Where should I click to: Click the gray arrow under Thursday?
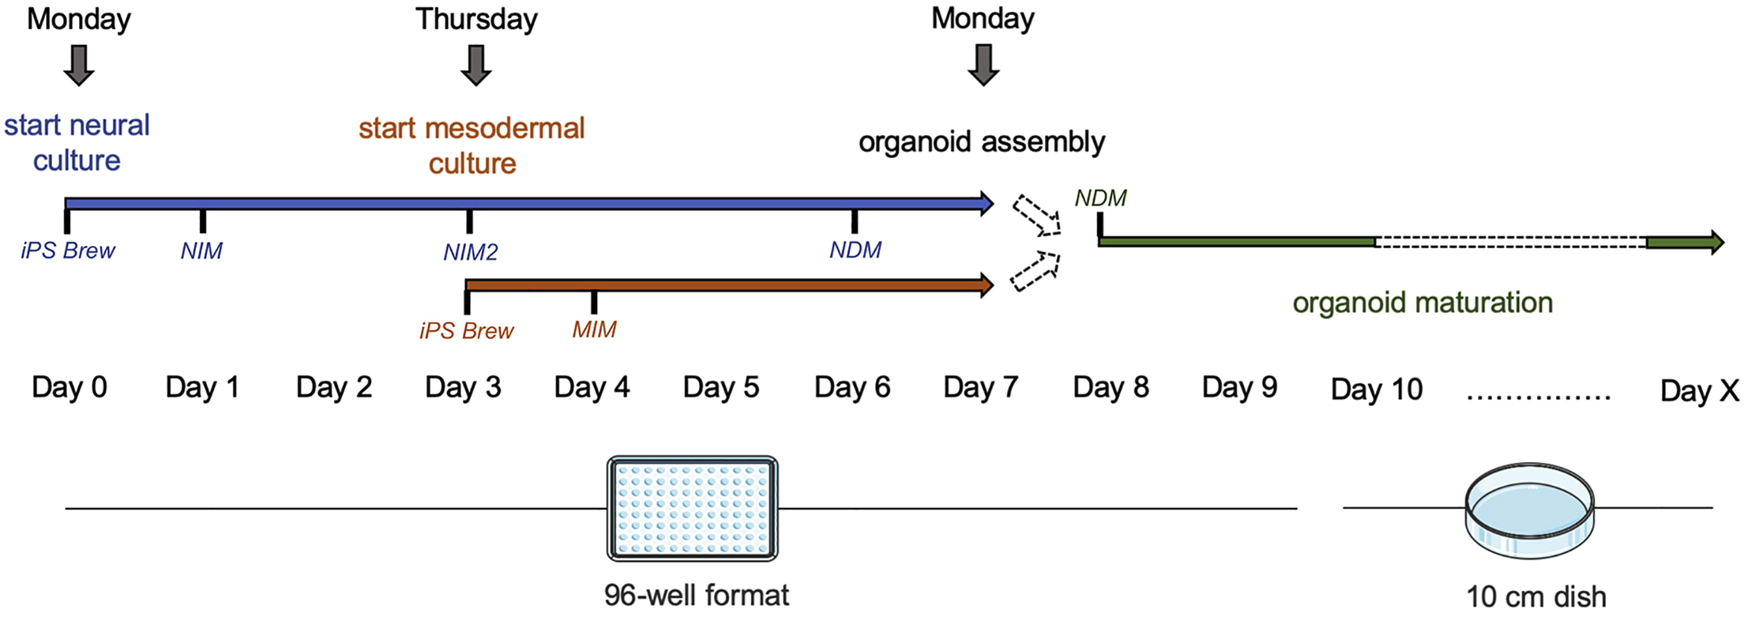475,65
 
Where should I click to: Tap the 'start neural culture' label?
77,143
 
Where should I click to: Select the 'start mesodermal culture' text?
472,145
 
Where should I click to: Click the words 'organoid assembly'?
982,142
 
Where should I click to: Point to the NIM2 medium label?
470,252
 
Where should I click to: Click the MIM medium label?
594,329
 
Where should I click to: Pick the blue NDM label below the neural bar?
855,250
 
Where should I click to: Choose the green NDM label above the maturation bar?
1100,198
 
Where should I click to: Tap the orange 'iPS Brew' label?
466,330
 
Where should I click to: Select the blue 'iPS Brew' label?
68,251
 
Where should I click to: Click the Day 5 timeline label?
720,387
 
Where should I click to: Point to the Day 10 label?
1376,389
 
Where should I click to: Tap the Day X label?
1699,390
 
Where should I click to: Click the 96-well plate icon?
692,509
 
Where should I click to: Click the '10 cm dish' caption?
1535,596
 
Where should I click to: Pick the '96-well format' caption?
696,595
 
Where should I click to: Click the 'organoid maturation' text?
1423,303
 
